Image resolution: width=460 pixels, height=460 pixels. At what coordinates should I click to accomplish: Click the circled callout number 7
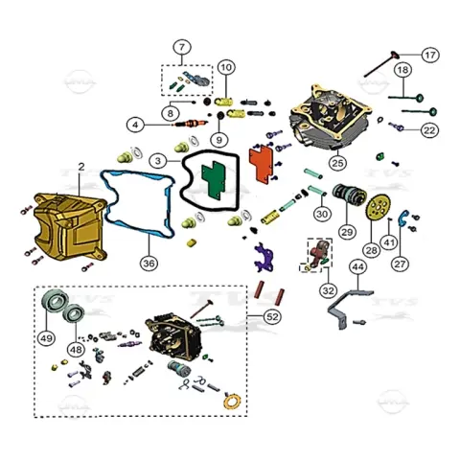click(182, 47)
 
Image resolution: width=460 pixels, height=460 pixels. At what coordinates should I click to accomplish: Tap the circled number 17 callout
click(430, 55)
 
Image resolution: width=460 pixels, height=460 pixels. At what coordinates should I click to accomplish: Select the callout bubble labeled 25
click(337, 163)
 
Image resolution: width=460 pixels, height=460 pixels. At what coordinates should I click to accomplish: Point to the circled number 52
click(272, 317)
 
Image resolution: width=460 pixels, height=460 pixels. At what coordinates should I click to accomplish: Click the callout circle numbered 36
click(149, 264)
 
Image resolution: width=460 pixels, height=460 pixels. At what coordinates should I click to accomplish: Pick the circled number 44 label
click(357, 266)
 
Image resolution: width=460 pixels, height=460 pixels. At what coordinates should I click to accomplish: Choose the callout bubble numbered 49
click(46, 338)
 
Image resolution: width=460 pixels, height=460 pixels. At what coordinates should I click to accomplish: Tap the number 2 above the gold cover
click(81, 167)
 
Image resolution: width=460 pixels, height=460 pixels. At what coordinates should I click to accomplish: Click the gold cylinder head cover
click(69, 227)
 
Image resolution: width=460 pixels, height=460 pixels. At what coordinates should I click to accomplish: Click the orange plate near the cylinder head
click(261, 162)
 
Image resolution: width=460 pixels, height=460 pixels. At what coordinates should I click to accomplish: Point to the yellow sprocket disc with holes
click(379, 208)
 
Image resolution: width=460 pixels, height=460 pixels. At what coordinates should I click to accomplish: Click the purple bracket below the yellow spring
click(264, 258)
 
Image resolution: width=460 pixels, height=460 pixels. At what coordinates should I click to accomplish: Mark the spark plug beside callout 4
click(190, 123)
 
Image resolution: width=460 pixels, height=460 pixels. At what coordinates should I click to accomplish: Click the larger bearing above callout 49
click(55, 299)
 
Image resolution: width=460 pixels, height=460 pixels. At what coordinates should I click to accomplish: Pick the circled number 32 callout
click(328, 290)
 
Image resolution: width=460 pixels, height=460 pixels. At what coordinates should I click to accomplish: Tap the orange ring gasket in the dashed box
click(232, 402)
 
